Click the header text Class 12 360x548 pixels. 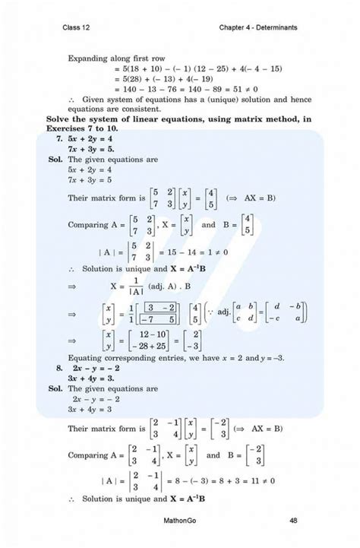pos(78,28)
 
